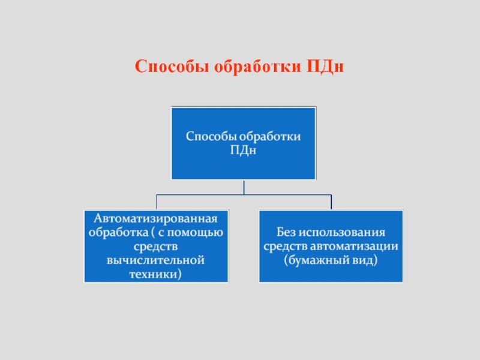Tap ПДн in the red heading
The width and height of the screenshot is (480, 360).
point(325,66)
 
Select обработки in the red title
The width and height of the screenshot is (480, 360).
point(258,66)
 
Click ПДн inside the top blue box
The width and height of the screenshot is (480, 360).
point(243,150)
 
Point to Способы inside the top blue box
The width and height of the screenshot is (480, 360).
point(211,137)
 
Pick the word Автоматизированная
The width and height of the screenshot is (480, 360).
point(156,218)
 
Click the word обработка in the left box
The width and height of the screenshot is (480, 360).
point(118,232)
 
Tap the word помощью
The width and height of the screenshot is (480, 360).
point(195,233)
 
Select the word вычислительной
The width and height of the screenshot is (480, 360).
point(155,260)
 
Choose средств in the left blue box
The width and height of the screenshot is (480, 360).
point(155,247)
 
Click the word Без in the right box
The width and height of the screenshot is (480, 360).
point(286,232)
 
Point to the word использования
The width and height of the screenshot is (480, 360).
point(342,232)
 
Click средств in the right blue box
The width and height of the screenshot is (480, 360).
point(286,246)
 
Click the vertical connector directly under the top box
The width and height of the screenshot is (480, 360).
point(244,187)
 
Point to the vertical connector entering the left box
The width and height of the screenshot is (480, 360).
point(157,202)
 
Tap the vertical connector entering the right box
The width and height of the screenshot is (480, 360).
point(331,202)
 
